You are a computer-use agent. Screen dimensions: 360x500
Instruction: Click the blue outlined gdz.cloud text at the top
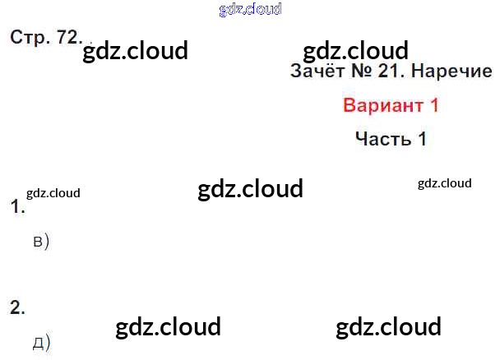(250, 9)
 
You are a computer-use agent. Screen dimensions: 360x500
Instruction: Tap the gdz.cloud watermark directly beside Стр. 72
(136, 50)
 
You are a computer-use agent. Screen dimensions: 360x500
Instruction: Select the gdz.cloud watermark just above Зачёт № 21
(355, 50)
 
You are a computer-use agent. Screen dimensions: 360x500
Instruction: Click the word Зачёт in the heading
(317, 72)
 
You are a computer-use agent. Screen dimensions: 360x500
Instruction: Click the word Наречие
(451, 72)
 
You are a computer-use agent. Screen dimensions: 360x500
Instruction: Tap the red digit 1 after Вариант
(434, 105)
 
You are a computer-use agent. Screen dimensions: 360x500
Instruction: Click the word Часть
(382, 138)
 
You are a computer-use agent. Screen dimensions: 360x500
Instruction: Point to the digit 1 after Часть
(422, 138)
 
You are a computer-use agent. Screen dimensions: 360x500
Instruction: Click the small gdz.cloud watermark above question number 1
(53, 193)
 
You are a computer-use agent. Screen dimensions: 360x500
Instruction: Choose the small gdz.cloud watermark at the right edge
(444, 182)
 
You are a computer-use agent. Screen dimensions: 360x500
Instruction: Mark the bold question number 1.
(16, 208)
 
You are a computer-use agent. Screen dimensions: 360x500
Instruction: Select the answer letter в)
(41, 242)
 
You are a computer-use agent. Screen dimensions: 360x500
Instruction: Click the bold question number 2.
(17, 308)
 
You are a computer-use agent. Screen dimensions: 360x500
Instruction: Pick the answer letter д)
(41, 342)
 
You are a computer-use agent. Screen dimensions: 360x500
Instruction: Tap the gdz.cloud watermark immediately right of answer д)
(169, 326)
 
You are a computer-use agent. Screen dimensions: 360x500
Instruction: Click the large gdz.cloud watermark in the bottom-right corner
(388, 326)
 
